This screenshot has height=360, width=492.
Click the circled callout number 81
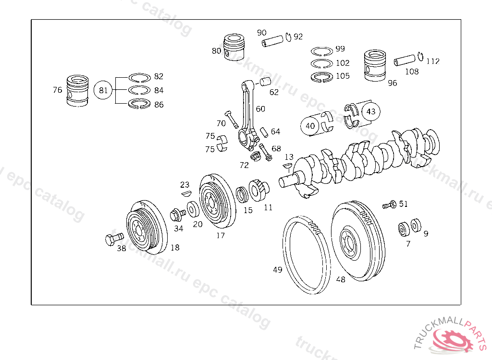tap(103, 90)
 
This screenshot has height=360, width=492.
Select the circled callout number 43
tap(371, 111)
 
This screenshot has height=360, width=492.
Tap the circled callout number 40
tap(310, 126)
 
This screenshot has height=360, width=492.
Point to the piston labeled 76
tap(77, 91)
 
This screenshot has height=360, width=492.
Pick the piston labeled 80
tap(234, 47)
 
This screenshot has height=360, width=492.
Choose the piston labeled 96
tap(375, 66)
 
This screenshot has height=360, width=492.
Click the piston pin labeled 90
tap(273, 41)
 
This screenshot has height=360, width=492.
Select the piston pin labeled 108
tap(405, 60)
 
